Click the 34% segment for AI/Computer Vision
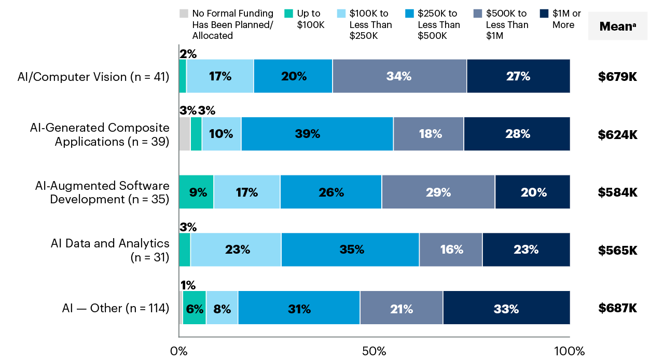pyautogui.click(x=399, y=76)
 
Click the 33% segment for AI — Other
pyautogui.click(x=506, y=309)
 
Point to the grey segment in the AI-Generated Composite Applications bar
pyautogui.click(x=184, y=134)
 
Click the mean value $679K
pyautogui.click(x=617, y=77)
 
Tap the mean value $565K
pyautogui.click(x=617, y=250)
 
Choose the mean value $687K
pyautogui.click(x=617, y=308)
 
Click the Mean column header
pyautogui.click(x=617, y=26)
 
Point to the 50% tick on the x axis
pyautogui.click(x=374, y=351)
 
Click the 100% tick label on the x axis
pyautogui.click(x=569, y=351)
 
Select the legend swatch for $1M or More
pyautogui.click(x=543, y=14)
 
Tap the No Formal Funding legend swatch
pyautogui.click(x=183, y=14)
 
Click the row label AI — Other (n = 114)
pyautogui.click(x=116, y=308)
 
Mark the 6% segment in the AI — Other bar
pyautogui.click(x=195, y=309)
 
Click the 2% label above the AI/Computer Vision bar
pyautogui.click(x=188, y=53)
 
